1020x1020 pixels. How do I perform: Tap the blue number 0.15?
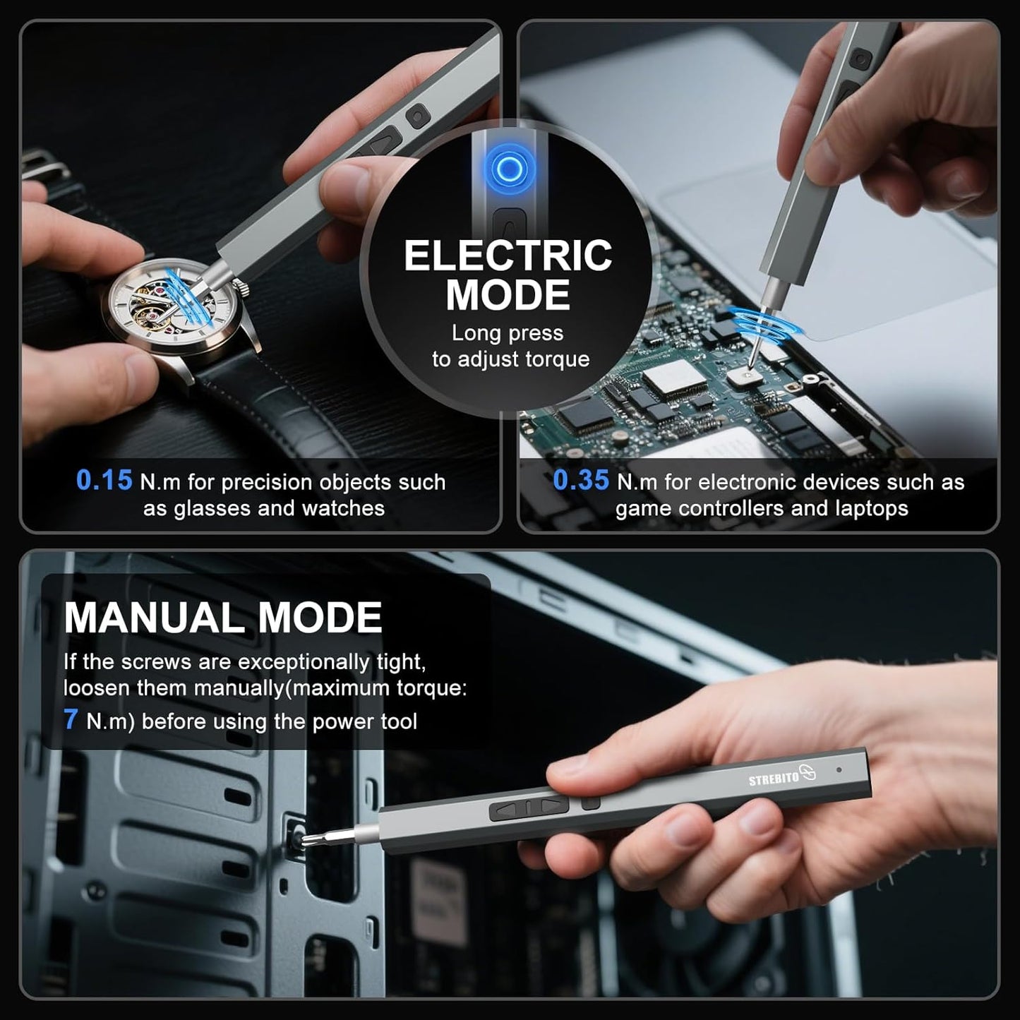pyautogui.click(x=104, y=481)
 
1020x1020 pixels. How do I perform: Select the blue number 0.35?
pyautogui.click(x=580, y=481)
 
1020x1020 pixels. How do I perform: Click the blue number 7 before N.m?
pyautogui.click(x=70, y=719)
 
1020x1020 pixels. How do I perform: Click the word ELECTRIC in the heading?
pyautogui.click(x=508, y=256)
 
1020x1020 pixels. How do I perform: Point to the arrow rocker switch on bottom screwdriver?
pyautogui.click(x=529, y=809)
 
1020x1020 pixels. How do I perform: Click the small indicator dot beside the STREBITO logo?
pyautogui.click(x=838, y=769)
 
